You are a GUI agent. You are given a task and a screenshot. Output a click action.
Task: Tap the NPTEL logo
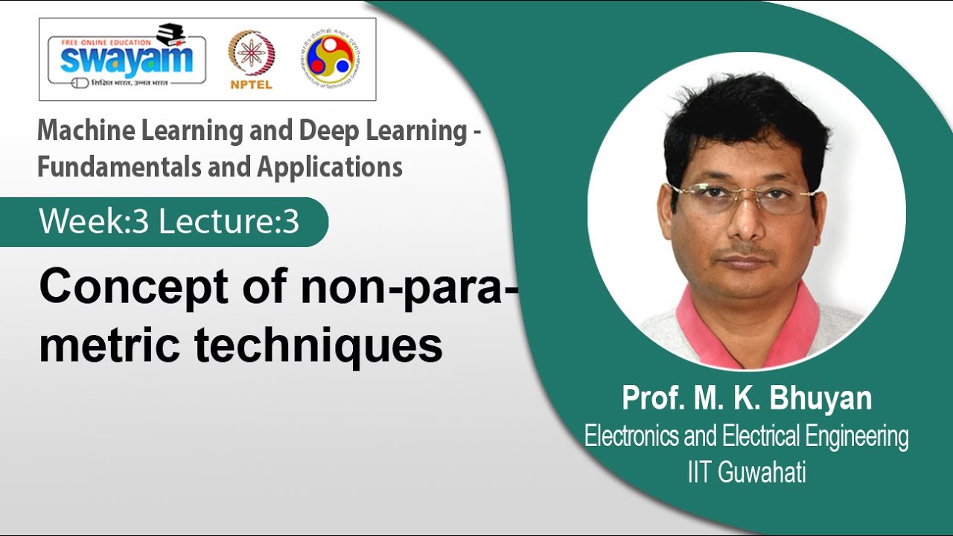point(251,60)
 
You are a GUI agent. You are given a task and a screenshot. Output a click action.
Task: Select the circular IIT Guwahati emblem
point(329,58)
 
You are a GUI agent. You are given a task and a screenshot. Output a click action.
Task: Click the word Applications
point(331,167)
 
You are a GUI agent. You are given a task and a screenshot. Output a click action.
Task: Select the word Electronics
point(631,436)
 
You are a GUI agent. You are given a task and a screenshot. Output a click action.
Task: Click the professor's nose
point(748,223)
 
